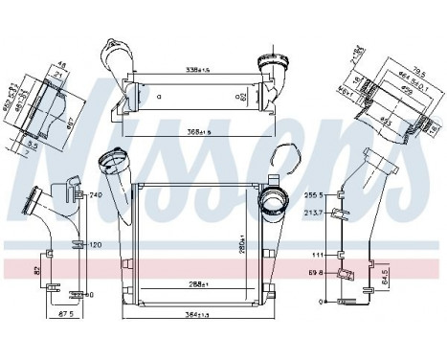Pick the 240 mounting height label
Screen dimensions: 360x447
pyautogui.click(x=96, y=195)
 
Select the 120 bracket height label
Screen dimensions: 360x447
pyautogui.click(x=96, y=244)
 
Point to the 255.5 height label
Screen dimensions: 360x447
pyautogui.click(x=317, y=194)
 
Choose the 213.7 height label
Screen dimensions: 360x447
pyautogui.click(x=317, y=213)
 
